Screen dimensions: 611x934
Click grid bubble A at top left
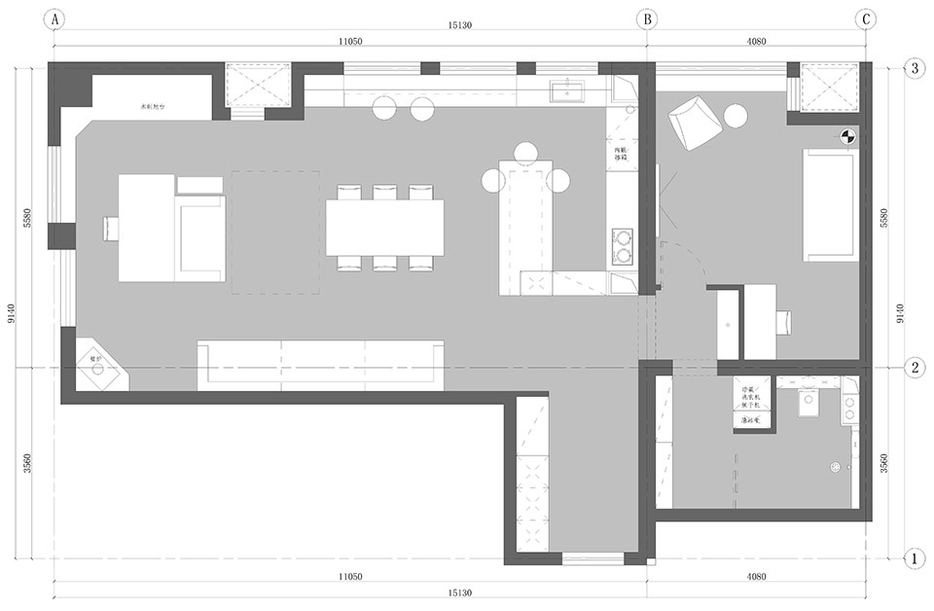tap(54, 18)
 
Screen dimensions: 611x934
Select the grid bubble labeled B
tap(646, 18)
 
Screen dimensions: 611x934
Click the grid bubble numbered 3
tap(915, 68)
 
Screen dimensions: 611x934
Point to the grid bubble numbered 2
tap(915, 368)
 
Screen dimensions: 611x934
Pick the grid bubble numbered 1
tap(915, 558)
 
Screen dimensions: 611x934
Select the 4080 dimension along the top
tap(756, 41)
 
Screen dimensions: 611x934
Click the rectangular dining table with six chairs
tap(384, 228)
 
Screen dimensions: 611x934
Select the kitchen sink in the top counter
tap(566, 91)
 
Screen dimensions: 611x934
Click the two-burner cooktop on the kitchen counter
tap(621, 246)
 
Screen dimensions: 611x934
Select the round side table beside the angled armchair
tap(736, 116)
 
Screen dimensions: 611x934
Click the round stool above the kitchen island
tap(526, 151)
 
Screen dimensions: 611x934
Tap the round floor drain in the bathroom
tap(834, 467)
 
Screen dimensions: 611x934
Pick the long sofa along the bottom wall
tap(321, 365)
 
